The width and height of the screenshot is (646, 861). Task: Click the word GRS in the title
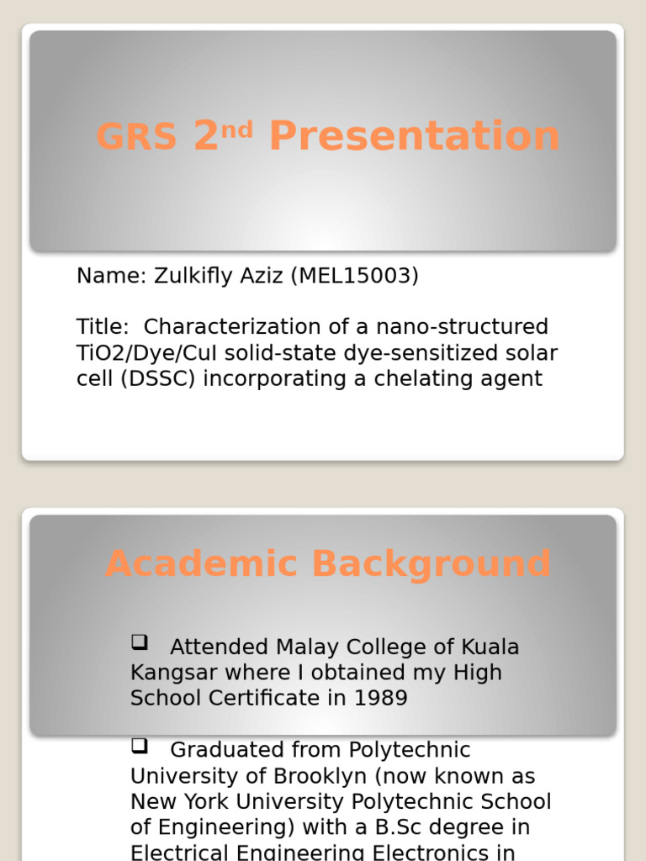[137, 137]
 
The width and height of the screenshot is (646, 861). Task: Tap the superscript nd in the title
[237, 128]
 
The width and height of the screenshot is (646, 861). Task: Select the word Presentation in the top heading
[415, 137]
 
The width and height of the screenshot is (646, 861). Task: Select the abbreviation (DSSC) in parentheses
[157, 378]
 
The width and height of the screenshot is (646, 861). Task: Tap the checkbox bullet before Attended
[139, 644]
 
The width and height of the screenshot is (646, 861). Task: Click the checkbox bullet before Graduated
[139, 747]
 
